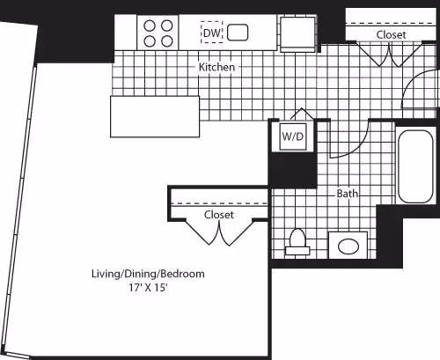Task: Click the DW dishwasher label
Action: click(211, 33)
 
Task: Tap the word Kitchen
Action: click(216, 67)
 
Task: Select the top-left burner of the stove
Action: click(149, 26)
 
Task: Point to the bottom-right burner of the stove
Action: click(165, 40)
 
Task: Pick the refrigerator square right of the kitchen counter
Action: click(297, 33)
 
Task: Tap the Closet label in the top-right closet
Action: click(391, 34)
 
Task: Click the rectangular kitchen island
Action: click(156, 116)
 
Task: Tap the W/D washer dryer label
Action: click(291, 136)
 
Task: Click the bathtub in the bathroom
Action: click(414, 165)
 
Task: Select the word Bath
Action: click(347, 194)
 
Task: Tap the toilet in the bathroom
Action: click(297, 240)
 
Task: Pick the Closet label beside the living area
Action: click(218, 214)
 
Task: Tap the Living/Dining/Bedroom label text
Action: click(148, 274)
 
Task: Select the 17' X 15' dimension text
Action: click(148, 288)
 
